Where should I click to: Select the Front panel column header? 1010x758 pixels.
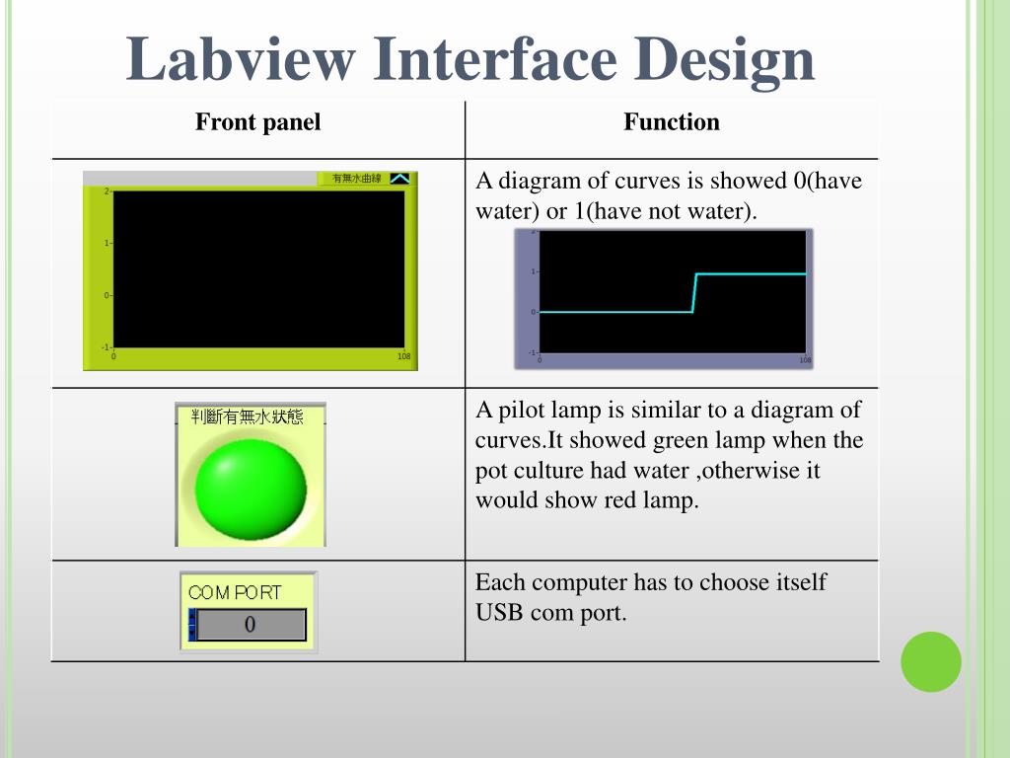(x=257, y=122)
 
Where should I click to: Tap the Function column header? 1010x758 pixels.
(x=671, y=122)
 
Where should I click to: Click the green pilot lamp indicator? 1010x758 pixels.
(x=251, y=488)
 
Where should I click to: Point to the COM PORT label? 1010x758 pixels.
(x=235, y=592)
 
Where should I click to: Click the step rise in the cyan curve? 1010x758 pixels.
(x=694, y=292)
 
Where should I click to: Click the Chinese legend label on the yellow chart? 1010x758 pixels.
(x=356, y=179)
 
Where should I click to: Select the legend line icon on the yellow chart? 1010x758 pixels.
(x=399, y=179)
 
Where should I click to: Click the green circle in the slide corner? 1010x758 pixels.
(x=930, y=661)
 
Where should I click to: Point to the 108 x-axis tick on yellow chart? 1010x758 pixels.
(x=404, y=356)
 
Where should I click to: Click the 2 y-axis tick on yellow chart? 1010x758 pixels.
(x=107, y=190)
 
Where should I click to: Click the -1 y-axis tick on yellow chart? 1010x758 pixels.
(x=105, y=347)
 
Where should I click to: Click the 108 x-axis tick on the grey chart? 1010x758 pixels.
(x=806, y=361)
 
